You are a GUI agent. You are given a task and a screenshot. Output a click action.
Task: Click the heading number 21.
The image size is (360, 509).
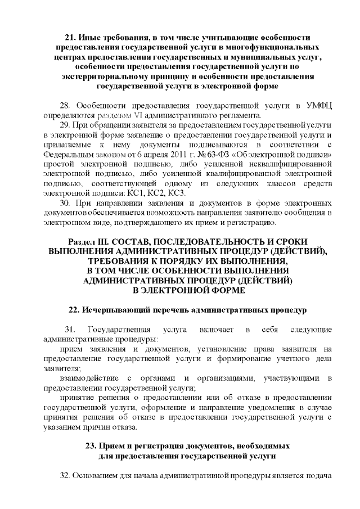click(x=72, y=37)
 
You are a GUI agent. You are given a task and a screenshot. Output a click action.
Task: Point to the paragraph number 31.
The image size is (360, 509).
click(x=70, y=329)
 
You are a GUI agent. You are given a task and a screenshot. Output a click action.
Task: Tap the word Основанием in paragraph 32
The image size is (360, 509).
click(x=101, y=476)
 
